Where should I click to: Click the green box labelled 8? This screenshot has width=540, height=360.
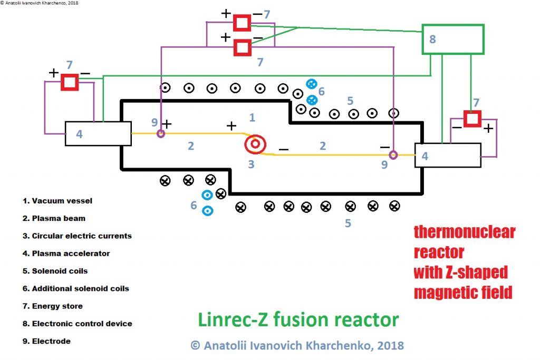[454, 39]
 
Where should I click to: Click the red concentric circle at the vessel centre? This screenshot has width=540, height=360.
[255, 143]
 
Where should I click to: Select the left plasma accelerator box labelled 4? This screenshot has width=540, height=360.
[98, 133]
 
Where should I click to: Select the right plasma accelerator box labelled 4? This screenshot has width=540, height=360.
[448, 155]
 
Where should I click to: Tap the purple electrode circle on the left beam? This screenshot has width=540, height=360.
[161, 133]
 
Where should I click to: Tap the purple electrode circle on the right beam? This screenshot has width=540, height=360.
[393, 154]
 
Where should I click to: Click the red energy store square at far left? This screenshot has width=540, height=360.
[69, 83]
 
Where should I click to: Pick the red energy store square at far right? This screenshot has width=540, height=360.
[472, 119]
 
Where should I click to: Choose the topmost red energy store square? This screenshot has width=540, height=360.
[242, 23]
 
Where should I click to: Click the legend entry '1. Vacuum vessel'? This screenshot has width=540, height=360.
[62, 201]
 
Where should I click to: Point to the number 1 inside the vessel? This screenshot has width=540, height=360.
[252, 117]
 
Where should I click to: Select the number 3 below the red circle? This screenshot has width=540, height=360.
[251, 164]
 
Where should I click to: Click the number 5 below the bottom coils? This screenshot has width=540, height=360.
[348, 223]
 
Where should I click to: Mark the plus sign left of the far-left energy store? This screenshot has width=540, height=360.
[53, 73]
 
